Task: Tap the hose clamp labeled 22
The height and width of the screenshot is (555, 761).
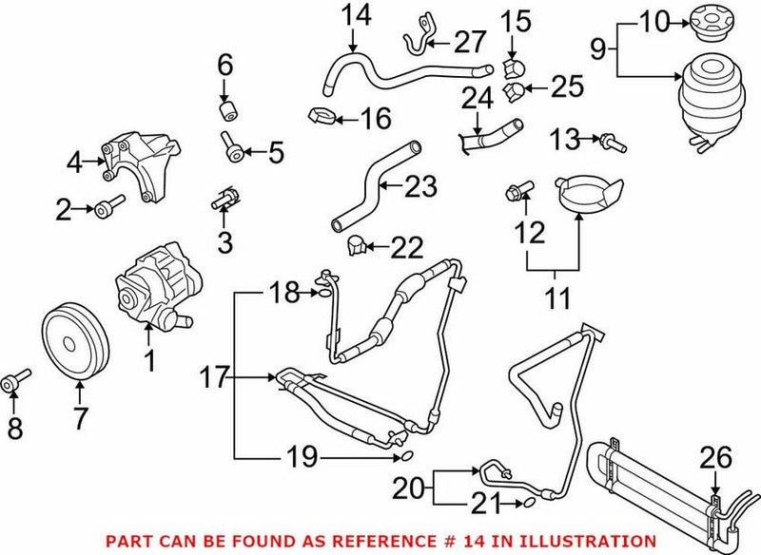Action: (x=356, y=245)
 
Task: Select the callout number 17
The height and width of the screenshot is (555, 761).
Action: (x=213, y=377)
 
